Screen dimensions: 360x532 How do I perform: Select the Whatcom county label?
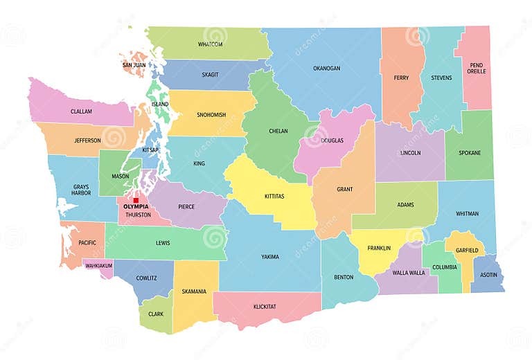(210, 44)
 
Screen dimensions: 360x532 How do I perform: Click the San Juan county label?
(134, 65)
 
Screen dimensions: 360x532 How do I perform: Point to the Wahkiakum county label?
(98, 265)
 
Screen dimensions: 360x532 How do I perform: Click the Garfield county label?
(467, 250)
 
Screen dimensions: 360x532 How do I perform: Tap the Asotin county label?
(488, 275)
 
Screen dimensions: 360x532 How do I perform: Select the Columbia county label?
(445, 267)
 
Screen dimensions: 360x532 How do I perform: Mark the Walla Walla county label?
(408, 273)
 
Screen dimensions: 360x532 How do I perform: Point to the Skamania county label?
(194, 291)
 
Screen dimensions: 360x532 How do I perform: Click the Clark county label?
(156, 314)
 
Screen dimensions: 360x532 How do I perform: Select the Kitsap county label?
(150, 150)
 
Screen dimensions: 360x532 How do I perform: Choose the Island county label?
(159, 105)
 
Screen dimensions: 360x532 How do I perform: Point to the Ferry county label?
(400, 78)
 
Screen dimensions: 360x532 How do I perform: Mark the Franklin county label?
(379, 248)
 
